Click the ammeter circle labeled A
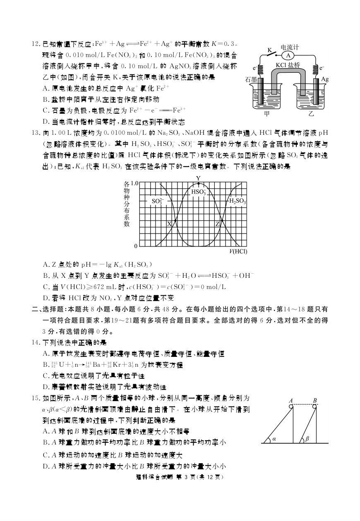tap(289, 55)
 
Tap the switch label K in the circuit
tap(269, 50)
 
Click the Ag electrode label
tap(325, 79)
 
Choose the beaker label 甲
tap(267, 114)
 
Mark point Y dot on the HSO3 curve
tap(199, 183)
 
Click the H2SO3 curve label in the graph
tap(238, 201)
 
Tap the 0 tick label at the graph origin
tap(135, 246)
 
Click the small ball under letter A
tap(291, 406)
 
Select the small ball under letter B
tap(315, 406)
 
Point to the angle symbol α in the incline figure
tap(274, 439)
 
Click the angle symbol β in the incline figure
tap(307, 439)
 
